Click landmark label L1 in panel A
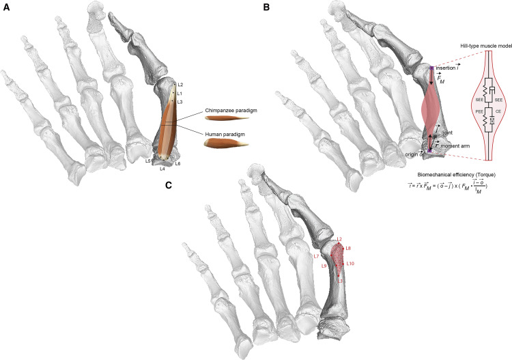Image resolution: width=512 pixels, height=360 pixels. point(180,93)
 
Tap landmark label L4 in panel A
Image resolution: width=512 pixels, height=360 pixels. point(162,168)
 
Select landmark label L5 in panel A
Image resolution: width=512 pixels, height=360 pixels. point(148,161)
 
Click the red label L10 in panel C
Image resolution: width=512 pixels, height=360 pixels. point(350,263)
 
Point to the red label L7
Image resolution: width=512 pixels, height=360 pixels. point(315,256)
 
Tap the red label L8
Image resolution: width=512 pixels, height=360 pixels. point(348,248)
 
